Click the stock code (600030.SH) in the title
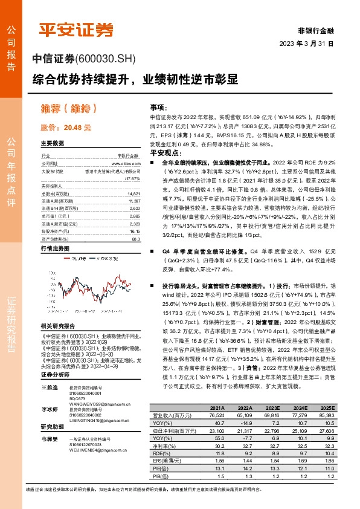click(x=106, y=58)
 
